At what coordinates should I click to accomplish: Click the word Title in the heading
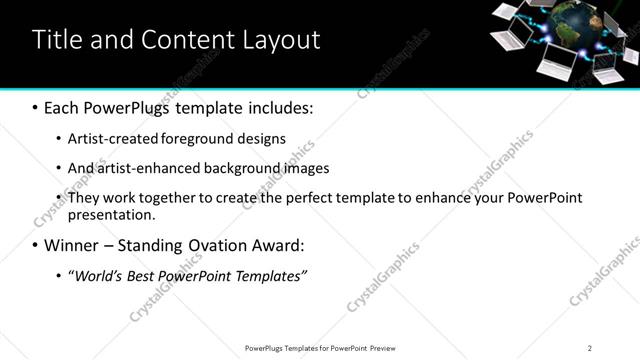59,40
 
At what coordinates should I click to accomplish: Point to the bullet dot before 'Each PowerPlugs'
36,107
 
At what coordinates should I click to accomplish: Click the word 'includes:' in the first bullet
282,107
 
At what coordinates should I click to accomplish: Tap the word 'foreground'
205,139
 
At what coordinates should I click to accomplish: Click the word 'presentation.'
112,215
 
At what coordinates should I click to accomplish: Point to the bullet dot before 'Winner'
36,245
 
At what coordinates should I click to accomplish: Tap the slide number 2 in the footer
589,348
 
